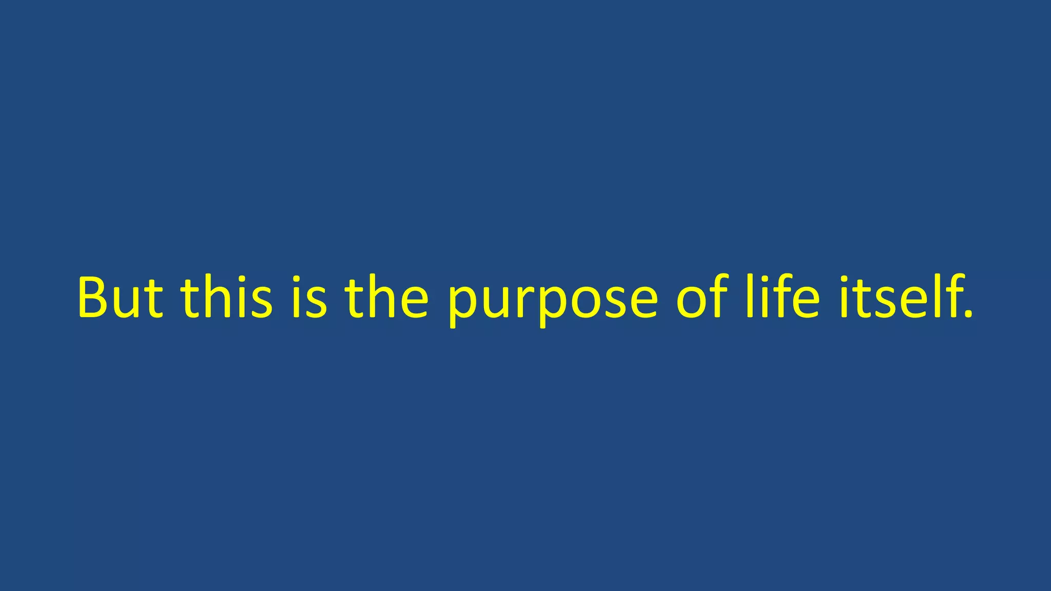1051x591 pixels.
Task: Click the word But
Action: tap(120, 298)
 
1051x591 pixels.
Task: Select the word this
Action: tap(226, 298)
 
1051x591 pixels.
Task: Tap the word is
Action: tap(309, 298)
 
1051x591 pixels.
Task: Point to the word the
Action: tap(386, 298)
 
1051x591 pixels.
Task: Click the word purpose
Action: tap(552, 303)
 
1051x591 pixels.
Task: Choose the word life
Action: tap(783, 298)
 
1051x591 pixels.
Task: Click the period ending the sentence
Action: tap(968, 314)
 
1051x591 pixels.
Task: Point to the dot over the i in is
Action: tap(296, 280)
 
